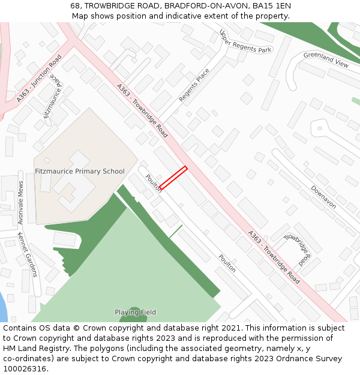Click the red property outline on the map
point(173,178)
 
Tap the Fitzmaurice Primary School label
point(80,172)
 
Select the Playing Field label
point(136,312)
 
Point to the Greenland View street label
point(326,59)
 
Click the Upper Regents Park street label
point(245,41)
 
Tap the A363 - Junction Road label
point(39,79)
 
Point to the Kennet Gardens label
point(28,254)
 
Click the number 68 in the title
point(75,5)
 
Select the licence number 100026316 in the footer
point(25,369)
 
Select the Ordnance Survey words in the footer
point(312,359)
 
